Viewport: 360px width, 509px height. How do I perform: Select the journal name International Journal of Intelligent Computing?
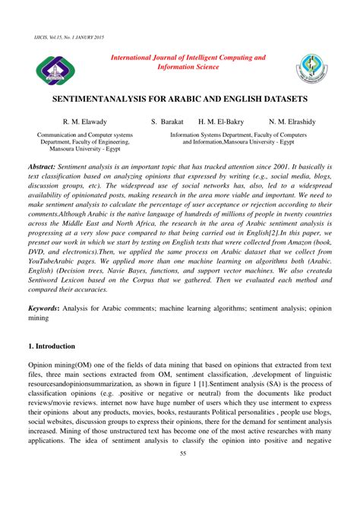[188, 57]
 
